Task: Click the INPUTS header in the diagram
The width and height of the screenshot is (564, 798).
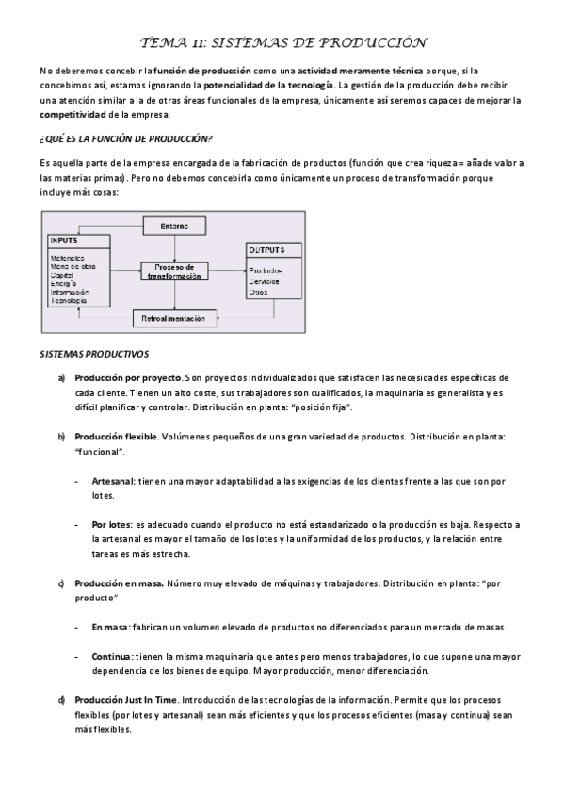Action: (x=65, y=242)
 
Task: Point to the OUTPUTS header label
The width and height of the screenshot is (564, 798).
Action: (x=267, y=250)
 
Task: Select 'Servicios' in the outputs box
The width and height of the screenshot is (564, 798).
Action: (x=265, y=281)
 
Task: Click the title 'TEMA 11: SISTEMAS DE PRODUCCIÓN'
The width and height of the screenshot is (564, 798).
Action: (x=282, y=42)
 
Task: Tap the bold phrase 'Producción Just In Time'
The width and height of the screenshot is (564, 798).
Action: (x=125, y=700)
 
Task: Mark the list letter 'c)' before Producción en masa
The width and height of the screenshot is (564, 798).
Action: (x=61, y=583)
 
